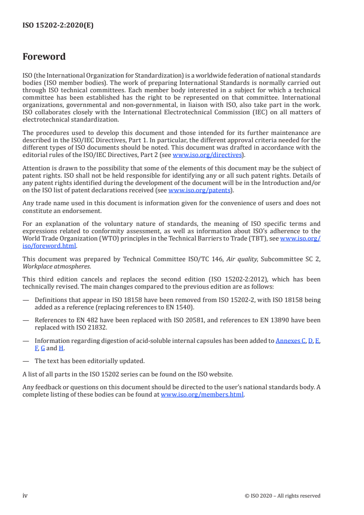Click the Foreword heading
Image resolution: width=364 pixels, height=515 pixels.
click(x=44, y=57)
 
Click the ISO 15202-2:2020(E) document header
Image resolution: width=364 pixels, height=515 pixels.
click(x=58, y=26)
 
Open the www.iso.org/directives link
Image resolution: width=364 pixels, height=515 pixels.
click(x=207, y=155)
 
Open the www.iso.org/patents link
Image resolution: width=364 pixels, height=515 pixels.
click(x=200, y=190)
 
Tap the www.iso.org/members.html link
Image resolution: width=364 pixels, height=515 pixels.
click(x=202, y=394)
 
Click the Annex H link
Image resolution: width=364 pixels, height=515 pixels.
click(x=61, y=348)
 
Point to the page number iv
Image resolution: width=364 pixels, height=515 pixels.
click(x=25, y=495)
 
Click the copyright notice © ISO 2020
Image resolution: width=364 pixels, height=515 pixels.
click(x=283, y=496)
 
